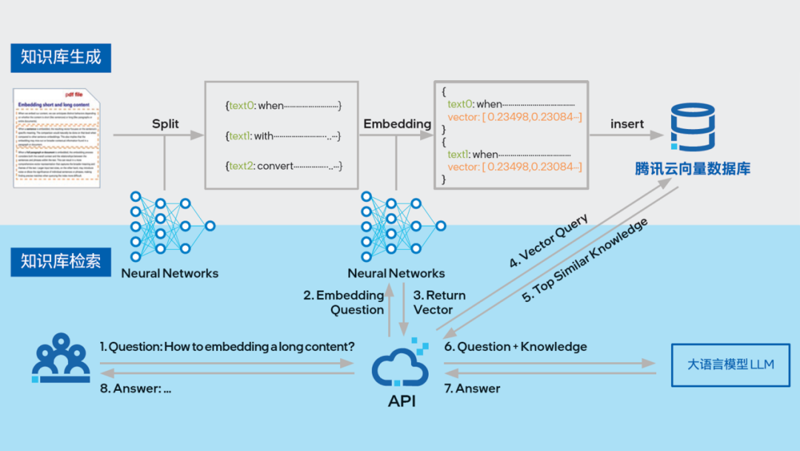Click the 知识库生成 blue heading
coord(61,56)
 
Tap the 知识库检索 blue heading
coord(61,261)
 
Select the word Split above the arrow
coord(165,124)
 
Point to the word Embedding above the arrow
coord(397,124)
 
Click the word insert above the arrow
coord(627,124)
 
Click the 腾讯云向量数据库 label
coord(692,169)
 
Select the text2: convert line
coord(284,166)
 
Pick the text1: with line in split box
coord(284,136)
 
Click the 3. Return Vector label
coord(439,302)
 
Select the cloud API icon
coord(401,368)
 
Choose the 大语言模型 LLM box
coord(730,365)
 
